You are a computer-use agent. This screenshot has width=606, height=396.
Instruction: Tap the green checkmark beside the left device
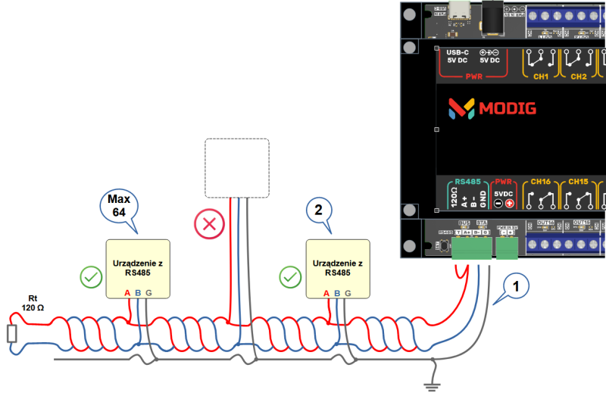click(x=91, y=278)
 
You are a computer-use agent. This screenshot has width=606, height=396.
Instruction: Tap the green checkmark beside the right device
click(x=291, y=278)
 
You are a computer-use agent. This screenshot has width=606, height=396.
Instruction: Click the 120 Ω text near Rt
click(x=33, y=308)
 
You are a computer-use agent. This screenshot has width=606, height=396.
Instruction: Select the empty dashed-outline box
click(x=237, y=168)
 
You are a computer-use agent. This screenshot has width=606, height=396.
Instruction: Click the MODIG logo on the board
click(x=492, y=109)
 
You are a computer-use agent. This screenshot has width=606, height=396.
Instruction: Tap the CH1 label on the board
click(x=541, y=76)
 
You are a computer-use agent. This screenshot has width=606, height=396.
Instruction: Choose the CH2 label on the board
click(x=578, y=76)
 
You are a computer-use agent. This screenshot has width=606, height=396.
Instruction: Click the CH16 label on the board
click(x=541, y=182)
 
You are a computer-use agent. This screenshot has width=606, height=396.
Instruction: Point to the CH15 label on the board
click(x=578, y=182)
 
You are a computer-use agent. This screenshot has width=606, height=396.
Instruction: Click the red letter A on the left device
click(x=127, y=293)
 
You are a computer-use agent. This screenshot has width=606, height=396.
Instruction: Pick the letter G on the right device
click(x=348, y=293)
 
